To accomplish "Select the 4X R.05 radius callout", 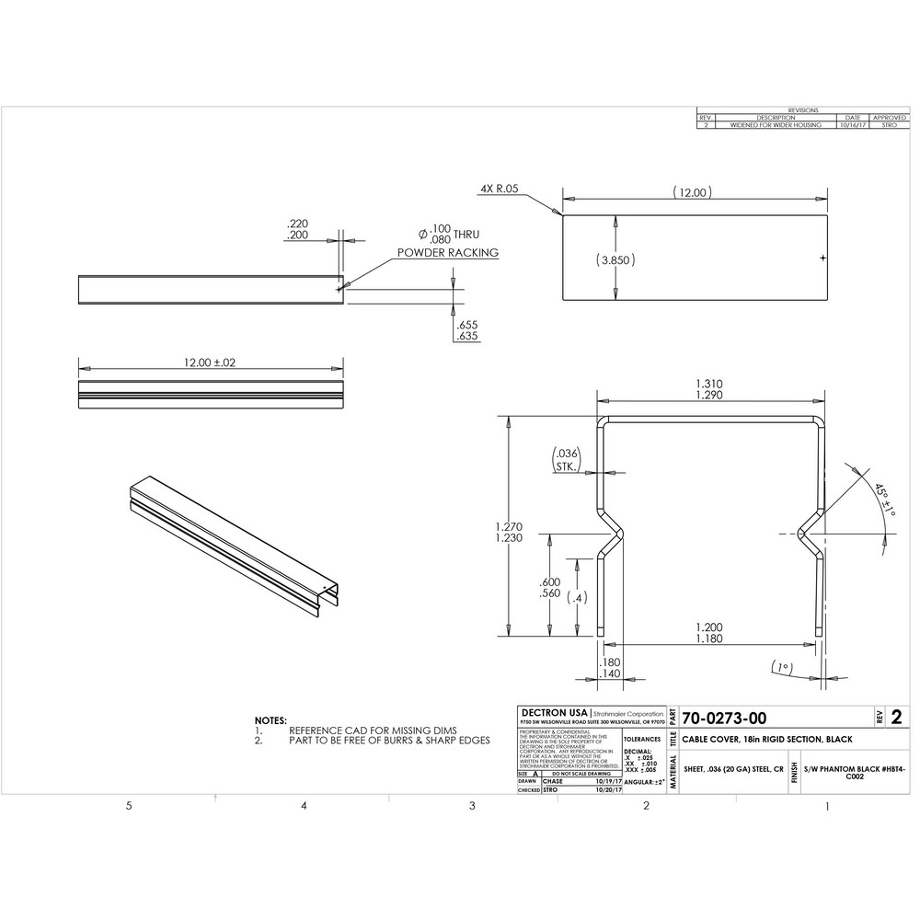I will (x=500, y=189).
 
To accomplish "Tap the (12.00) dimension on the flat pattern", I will (x=693, y=193).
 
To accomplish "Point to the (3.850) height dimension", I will (x=616, y=260).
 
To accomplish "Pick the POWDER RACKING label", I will (x=448, y=252).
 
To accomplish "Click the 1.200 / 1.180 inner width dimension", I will (x=708, y=633).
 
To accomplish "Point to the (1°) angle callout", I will (x=783, y=666).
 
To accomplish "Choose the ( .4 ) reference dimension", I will (x=577, y=598).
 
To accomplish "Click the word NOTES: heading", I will (x=270, y=720).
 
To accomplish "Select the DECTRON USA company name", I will (x=553, y=713).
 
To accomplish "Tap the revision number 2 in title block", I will (x=895, y=718).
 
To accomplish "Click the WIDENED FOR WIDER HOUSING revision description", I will (x=776, y=125).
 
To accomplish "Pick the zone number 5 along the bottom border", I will (x=129, y=807).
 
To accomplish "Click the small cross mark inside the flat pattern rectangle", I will (x=822, y=259).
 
